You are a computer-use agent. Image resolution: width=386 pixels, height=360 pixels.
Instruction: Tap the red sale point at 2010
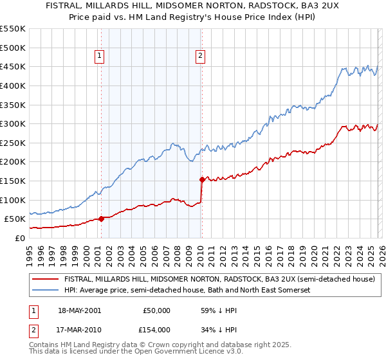coord(202,179)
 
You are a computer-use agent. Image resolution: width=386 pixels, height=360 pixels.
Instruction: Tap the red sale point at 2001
coord(101,219)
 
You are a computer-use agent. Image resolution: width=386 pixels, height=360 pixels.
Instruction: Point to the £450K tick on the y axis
coord(12,66)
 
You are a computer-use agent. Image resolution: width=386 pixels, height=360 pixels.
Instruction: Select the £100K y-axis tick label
coord(12,200)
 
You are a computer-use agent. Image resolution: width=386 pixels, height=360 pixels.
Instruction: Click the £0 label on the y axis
coord(19,238)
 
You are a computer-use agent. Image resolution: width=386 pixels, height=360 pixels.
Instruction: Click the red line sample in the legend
coord(45,280)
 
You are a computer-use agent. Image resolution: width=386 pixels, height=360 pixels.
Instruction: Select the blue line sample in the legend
coord(45,290)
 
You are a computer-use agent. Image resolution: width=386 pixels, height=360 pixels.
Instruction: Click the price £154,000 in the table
coord(156,330)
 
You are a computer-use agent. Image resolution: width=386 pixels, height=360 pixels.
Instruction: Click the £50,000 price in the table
coord(156,310)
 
